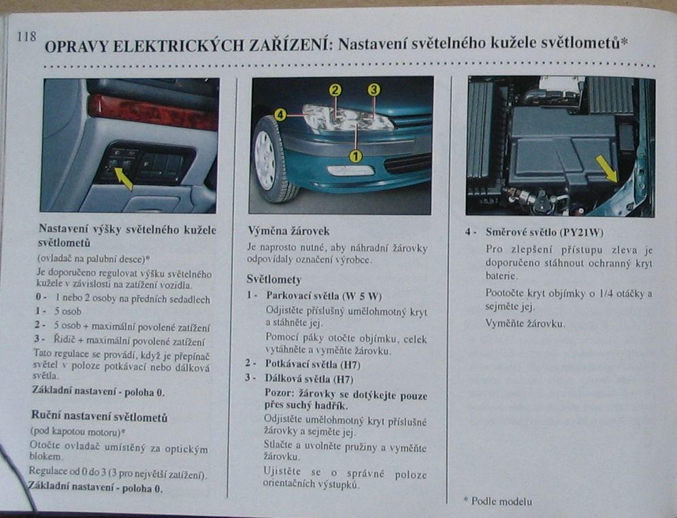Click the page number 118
pos(27,36)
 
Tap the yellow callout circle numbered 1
pos(356,156)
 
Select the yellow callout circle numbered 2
pos(335,91)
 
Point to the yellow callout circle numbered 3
pos(374,90)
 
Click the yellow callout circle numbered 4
pos(280,115)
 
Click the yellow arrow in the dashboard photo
pos(122,178)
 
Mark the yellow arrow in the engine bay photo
pos(607,169)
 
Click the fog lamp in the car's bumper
pos(350,170)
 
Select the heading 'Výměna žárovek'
pos(288,231)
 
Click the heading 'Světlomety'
pos(274,279)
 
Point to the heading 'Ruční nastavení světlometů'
pos(99,417)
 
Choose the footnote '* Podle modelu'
pos(498,501)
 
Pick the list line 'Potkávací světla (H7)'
pos(312,364)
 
